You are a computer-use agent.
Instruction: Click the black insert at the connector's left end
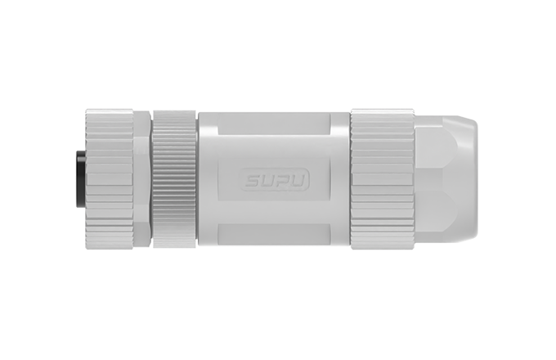click(81, 179)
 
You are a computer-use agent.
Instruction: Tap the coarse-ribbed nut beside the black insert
click(110, 179)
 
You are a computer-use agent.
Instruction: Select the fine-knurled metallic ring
click(174, 179)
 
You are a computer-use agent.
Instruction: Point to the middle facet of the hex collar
click(142, 179)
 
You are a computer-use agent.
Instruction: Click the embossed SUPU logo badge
click(276, 181)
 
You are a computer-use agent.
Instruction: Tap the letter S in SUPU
click(254, 181)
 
